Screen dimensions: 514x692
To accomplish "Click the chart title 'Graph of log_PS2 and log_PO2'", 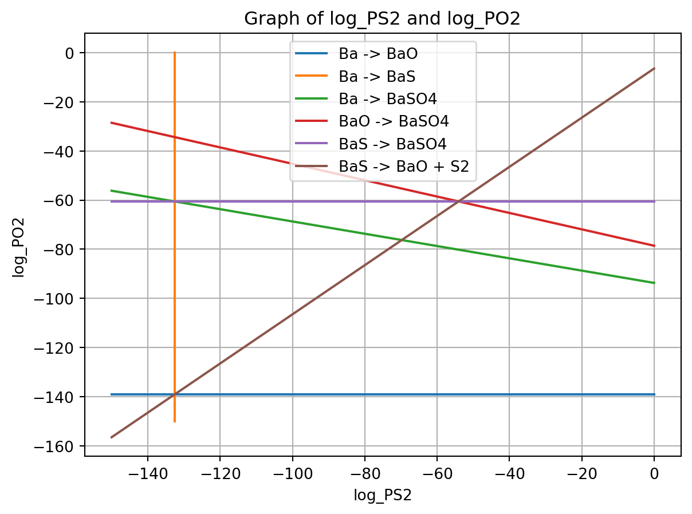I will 382,19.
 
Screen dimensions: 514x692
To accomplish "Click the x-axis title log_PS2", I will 383,495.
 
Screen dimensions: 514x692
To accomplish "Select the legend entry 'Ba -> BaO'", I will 378,55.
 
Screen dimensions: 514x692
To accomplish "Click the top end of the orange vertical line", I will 174,53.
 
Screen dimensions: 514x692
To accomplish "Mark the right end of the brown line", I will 654,69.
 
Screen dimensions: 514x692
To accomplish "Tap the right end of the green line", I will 654,283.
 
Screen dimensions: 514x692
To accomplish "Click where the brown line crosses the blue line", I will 174,394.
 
